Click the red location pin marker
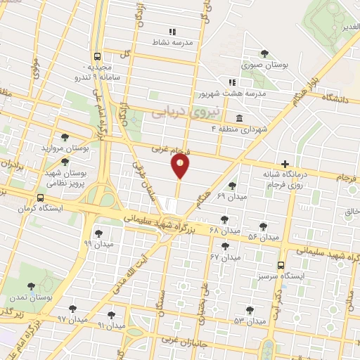click(x=180, y=166)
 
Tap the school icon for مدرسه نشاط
click(x=172, y=31)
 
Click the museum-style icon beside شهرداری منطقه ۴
click(x=240, y=117)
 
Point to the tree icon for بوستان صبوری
click(x=264, y=53)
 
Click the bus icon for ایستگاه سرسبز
click(x=281, y=265)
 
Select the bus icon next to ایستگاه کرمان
click(x=40, y=198)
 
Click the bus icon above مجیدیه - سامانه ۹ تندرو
click(x=97, y=58)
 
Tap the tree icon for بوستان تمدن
click(x=31, y=286)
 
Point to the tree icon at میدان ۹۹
click(x=98, y=233)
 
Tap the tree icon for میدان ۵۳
click(x=250, y=309)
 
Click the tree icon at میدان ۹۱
click(x=111, y=315)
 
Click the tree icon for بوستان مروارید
click(x=65, y=137)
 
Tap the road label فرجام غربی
click(x=171, y=149)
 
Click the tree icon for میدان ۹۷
click(x=72, y=308)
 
